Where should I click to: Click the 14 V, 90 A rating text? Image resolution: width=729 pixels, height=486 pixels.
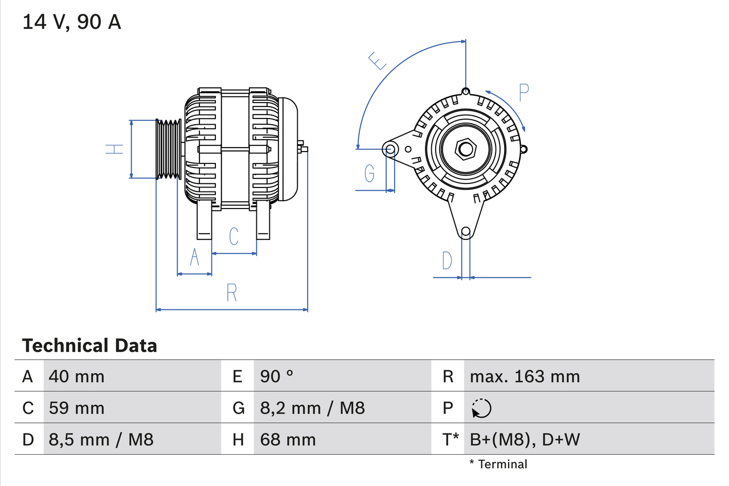(71, 22)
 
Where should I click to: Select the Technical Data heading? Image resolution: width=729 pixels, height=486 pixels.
(89, 346)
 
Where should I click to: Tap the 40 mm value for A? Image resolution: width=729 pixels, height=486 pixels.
(76, 376)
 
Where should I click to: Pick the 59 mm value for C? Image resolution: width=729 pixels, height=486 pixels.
(76, 408)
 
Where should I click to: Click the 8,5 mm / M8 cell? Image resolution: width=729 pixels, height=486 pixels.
(101, 439)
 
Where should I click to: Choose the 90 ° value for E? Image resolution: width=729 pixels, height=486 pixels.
(277, 376)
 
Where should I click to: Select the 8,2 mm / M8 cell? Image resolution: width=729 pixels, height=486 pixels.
(312, 408)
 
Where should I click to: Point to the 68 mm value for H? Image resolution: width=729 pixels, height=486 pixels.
(288, 439)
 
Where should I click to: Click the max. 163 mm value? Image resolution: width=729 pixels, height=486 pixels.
(525, 376)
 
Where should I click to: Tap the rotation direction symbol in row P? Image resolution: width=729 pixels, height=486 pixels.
(481, 409)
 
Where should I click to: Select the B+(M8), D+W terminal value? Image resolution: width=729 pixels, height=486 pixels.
(525, 439)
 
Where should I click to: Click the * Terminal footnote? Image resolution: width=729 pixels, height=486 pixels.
(498, 464)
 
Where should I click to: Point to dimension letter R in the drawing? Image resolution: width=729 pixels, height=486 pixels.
(231, 293)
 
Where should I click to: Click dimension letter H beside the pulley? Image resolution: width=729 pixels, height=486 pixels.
(114, 149)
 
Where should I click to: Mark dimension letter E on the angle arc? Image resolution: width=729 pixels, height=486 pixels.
(378, 60)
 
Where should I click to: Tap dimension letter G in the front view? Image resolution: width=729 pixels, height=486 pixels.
(370, 172)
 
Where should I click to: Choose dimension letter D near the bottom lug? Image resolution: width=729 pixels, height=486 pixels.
(447, 260)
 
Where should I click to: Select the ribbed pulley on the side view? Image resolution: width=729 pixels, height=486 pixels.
(169, 149)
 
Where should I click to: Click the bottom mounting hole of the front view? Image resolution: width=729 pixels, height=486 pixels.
(466, 231)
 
